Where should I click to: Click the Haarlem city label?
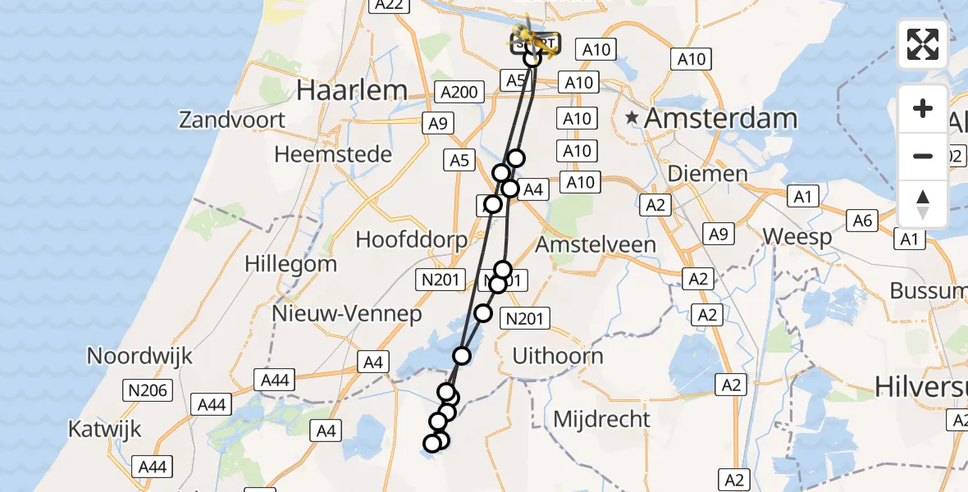[x=352, y=90]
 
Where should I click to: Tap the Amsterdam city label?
[x=720, y=118]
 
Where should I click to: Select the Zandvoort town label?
[x=232, y=120]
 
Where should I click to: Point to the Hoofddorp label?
[x=411, y=239]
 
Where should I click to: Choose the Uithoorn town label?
[x=557, y=356]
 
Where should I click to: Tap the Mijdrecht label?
[x=601, y=419]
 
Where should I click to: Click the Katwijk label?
[x=105, y=428]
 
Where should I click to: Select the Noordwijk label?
[x=139, y=356]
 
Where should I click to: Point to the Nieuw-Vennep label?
[x=347, y=314]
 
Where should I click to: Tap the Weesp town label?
[x=797, y=237]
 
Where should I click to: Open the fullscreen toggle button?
[x=923, y=44]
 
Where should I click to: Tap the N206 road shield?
[x=148, y=390]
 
